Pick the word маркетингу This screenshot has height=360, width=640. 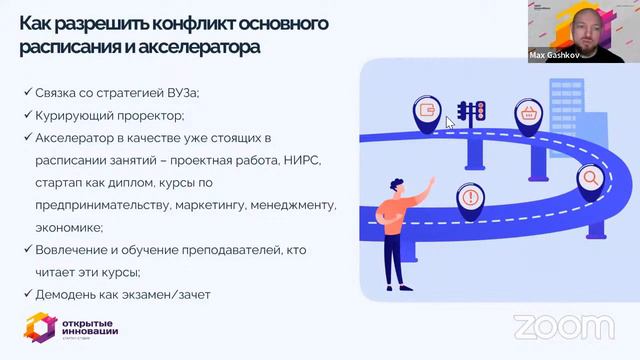pyautogui.click(x=212, y=205)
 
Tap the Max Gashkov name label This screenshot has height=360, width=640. pyautogui.click(x=555, y=56)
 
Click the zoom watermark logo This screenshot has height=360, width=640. pyautogui.click(x=550, y=326)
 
